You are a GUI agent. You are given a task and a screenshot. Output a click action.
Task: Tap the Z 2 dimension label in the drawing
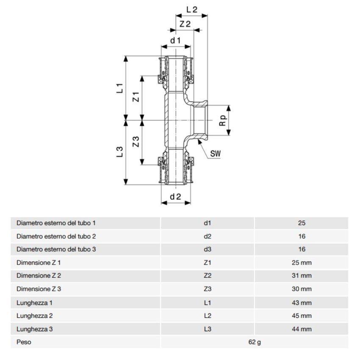(185, 24)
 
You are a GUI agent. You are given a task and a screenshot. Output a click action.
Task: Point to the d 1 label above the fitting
(176, 40)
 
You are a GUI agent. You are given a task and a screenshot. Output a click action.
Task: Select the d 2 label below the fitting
(176, 197)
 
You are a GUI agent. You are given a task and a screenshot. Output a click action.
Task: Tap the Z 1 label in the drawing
(136, 97)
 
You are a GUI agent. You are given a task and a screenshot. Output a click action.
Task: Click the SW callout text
(216, 153)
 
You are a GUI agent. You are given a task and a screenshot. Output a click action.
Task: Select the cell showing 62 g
(254, 342)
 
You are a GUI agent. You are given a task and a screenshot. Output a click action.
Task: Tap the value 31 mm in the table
(302, 276)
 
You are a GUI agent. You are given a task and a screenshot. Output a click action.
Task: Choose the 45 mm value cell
(302, 316)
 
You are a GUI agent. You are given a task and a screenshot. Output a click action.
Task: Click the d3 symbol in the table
(208, 249)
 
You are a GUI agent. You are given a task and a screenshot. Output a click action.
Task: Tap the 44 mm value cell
(302, 329)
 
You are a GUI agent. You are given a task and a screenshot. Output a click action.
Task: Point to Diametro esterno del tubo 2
(56, 236)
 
